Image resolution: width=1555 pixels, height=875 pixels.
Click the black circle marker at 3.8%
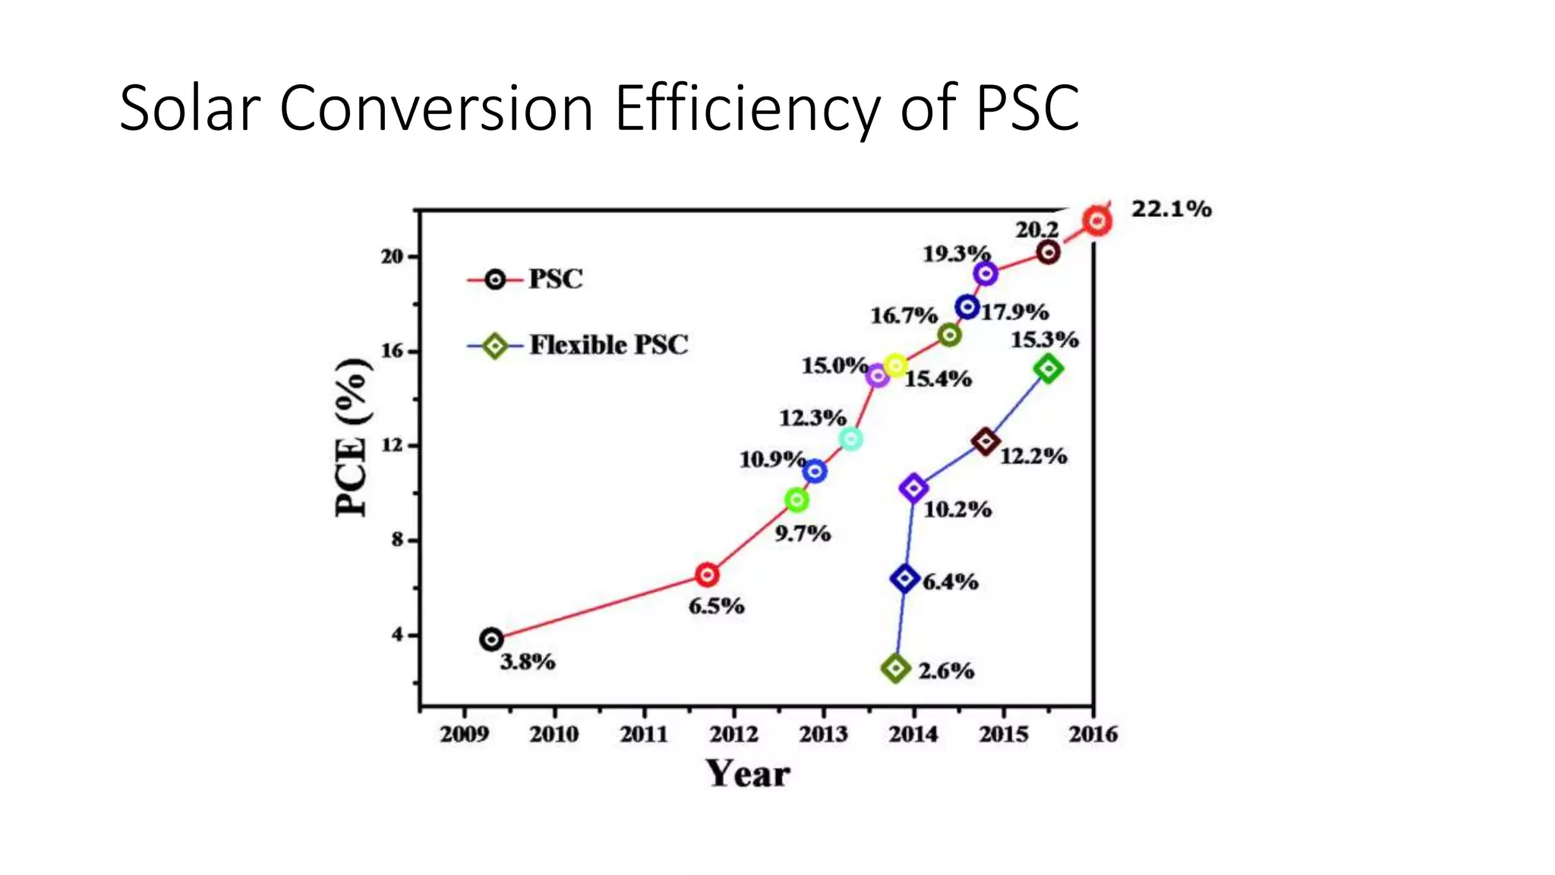tap(491, 640)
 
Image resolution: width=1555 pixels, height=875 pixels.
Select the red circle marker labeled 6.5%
tap(707, 575)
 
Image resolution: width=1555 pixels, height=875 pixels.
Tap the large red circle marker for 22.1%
tap(1097, 221)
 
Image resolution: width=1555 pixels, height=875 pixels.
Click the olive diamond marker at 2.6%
tap(896, 668)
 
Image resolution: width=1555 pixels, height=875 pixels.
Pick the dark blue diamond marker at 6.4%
tap(904, 579)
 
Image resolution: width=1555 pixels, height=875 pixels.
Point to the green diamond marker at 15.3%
tap(1048, 369)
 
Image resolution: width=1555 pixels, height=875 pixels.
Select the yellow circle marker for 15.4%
tap(896, 366)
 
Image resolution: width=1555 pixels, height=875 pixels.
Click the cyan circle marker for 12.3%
tap(851, 439)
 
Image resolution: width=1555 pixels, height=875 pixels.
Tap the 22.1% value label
tap(1171, 209)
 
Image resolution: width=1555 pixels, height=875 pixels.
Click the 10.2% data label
tap(957, 510)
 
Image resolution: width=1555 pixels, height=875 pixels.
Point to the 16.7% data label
tap(904, 315)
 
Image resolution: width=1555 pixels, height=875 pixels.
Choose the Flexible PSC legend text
tap(608, 346)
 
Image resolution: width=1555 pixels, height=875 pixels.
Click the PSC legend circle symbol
tap(495, 280)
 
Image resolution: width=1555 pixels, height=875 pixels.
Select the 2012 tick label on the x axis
tap(733, 734)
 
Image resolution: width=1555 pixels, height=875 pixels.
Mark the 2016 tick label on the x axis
tap(1093, 734)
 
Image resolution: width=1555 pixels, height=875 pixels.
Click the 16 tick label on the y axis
tap(392, 351)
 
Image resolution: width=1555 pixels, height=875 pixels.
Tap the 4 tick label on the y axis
tap(398, 634)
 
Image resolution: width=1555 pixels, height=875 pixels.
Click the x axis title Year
tap(748, 775)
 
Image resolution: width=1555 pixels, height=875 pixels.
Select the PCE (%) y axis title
tap(352, 437)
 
